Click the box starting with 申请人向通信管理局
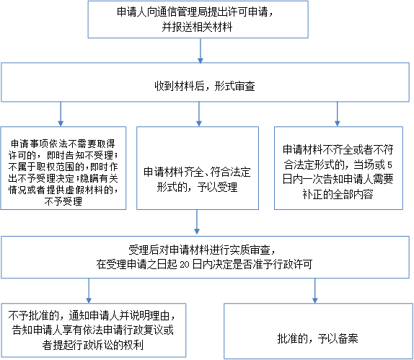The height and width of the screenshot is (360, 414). coord(198,19)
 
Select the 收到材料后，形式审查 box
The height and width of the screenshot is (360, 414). coord(205,82)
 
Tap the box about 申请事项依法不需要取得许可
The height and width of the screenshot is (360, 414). coord(63,168)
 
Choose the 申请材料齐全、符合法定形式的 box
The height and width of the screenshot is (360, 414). coord(198,168)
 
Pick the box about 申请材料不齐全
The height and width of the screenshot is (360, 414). coord(338,168)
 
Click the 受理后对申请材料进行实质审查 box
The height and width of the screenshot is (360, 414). coord(205,258)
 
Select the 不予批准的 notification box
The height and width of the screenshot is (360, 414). coord(94,330)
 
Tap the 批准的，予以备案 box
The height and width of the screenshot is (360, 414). coord(318,331)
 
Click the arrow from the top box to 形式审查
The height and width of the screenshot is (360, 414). coord(201,51)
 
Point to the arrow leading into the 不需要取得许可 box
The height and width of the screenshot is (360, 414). coord(61,114)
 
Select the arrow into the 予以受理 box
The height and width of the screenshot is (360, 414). coord(199,114)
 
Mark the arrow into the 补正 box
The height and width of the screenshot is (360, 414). coord(337,114)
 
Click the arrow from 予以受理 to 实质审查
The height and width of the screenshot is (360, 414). coord(197,222)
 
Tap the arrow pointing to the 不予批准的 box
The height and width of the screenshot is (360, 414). coord(89,291)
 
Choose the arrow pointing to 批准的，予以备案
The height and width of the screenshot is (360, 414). coord(314,291)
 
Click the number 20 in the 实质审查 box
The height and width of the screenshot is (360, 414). coord(185,265)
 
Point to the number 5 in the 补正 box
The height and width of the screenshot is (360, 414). coord(389,165)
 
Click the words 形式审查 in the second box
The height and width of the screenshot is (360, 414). coord(234,87)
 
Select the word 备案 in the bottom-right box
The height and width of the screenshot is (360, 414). coord(348,338)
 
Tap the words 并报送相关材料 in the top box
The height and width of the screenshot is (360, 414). coord(197,27)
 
